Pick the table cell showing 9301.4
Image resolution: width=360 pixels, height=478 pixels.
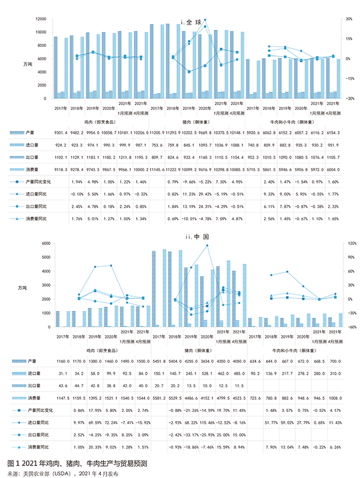[61, 132]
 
